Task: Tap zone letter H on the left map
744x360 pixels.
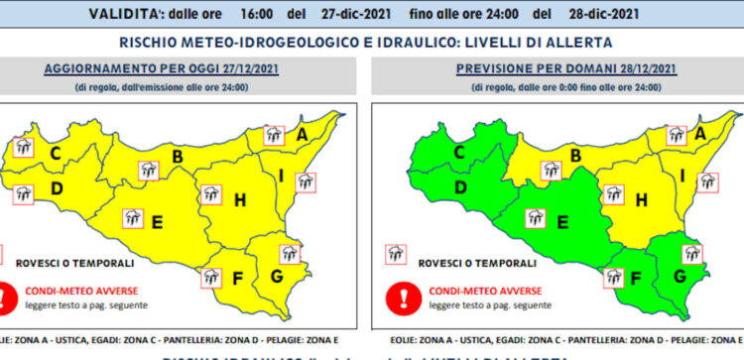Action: tap(239, 200)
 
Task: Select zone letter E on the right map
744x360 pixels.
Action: tap(563, 221)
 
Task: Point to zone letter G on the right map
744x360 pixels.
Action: tap(680, 275)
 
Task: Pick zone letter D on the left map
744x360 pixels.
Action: tap(57, 188)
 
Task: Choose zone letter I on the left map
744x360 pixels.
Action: tap(282, 178)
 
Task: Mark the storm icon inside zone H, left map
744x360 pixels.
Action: tap(209, 193)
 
